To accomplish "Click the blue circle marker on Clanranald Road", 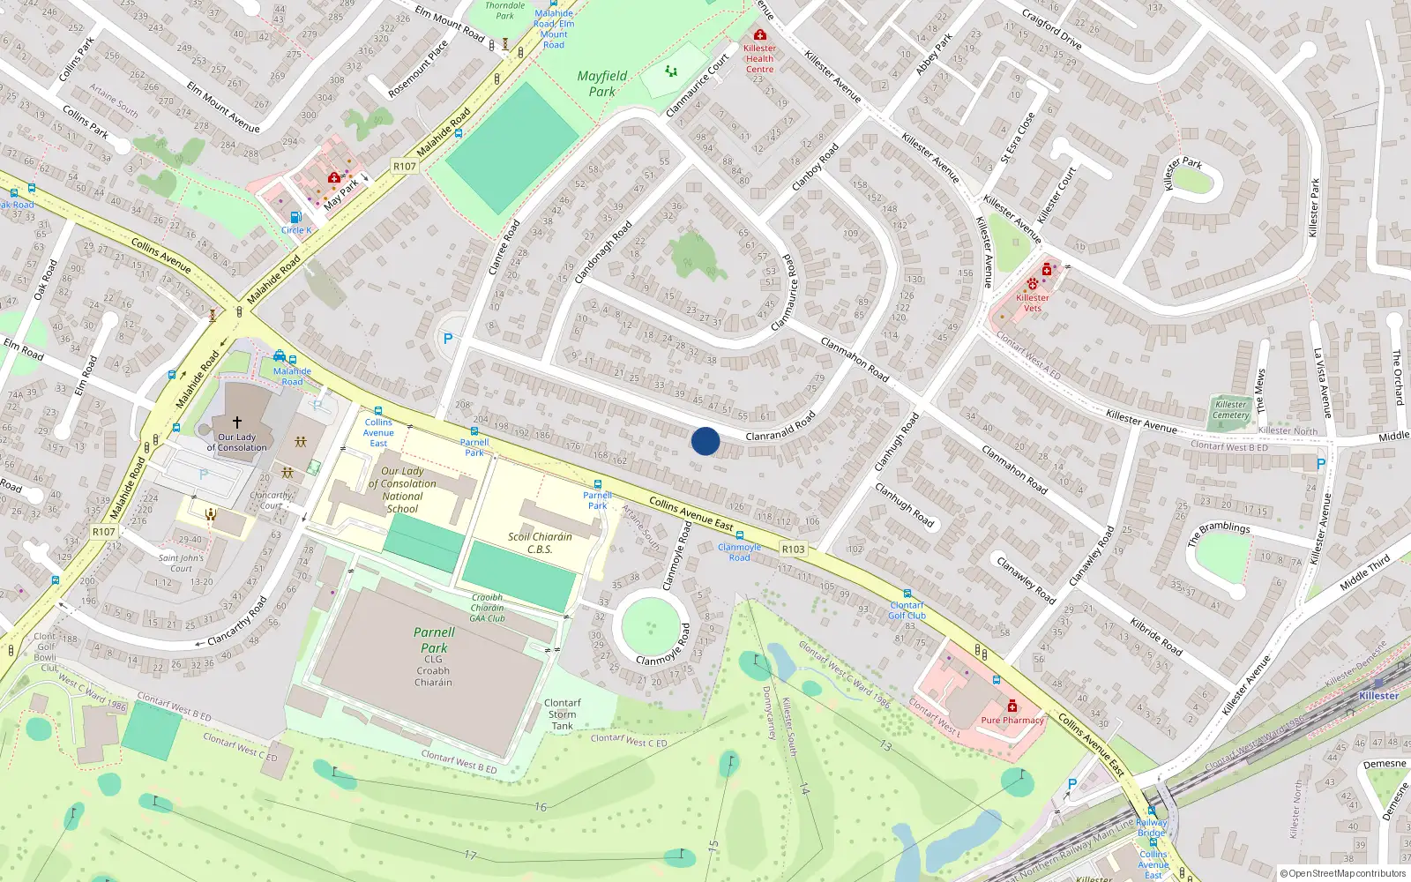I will tap(705, 441).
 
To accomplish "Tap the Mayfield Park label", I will tap(602, 84).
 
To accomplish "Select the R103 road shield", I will tap(793, 549).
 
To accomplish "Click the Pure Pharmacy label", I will tap(1012, 720).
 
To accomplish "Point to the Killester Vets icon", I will tap(1033, 284).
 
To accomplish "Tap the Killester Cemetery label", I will tap(1230, 410).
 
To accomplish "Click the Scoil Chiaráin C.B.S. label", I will tap(540, 542).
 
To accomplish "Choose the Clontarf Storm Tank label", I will tap(562, 714).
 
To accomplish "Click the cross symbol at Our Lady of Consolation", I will tap(236, 422).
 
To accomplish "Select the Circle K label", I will tap(296, 230).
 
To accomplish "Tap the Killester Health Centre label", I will tap(759, 58).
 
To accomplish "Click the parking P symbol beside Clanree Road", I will tap(448, 338).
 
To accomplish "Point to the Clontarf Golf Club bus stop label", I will tap(907, 610).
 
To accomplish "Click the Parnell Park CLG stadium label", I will tap(433, 656).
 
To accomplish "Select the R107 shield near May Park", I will tap(404, 166).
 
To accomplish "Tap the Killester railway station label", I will tap(1377, 695).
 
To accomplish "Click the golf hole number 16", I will tap(540, 806).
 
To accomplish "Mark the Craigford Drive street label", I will tap(1051, 29).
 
